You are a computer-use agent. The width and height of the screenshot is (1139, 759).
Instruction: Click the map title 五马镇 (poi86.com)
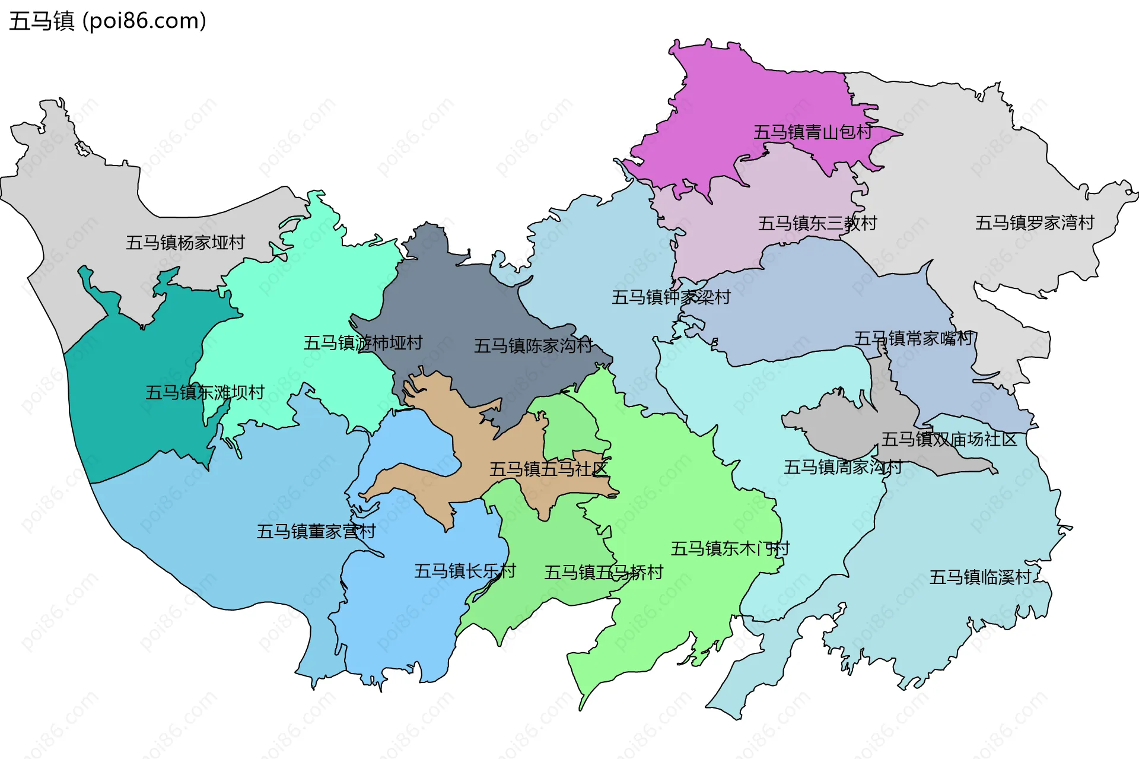pyautogui.click(x=107, y=21)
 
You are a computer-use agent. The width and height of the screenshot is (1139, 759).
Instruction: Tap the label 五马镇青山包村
pyautogui.click(x=813, y=132)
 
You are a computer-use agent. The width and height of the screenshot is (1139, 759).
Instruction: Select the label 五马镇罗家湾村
pyautogui.click(x=1035, y=223)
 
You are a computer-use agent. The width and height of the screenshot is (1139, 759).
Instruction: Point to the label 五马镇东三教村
pyautogui.click(x=817, y=223)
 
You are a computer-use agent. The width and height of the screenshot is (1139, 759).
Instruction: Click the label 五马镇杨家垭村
pyautogui.click(x=185, y=242)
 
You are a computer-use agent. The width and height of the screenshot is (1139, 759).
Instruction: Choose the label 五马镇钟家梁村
pyautogui.click(x=671, y=297)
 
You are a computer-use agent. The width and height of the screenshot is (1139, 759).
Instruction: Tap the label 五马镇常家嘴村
pyautogui.click(x=913, y=338)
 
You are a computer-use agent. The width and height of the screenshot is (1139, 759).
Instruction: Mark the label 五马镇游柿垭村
pyautogui.click(x=363, y=342)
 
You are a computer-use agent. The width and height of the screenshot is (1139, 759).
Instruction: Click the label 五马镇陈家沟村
pyautogui.click(x=533, y=345)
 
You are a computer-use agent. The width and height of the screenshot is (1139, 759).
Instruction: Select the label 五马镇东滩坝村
pyautogui.click(x=205, y=392)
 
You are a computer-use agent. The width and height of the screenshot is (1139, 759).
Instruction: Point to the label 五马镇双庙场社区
pyautogui.click(x=949, y=439)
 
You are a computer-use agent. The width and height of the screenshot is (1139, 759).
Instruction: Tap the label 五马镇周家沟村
pyautogui.click(x=842, y=467)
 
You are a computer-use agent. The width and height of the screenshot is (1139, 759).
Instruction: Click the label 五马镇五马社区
pyautogui.click(x=548, y=469)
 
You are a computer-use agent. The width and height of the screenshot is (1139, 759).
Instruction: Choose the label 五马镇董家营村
pyautogui.click(x=316, y=531)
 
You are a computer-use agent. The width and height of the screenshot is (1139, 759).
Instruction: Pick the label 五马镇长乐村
pyautogui.click(x=464, y=571)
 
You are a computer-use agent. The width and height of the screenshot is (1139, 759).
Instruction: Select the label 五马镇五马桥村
pyautogui.click(x=603, y=572)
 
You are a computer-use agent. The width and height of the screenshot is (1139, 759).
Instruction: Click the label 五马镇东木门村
pyautogui.click(x=730, y=548)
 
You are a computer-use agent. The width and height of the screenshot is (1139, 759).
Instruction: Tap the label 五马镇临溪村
pyautogui.click(x=980, y=577)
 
